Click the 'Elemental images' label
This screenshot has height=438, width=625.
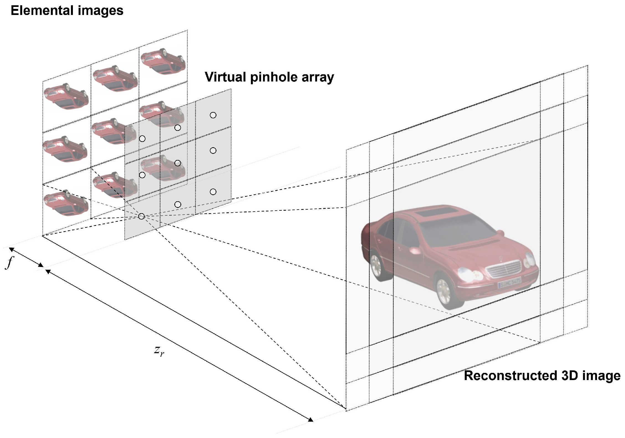tap(67, 11)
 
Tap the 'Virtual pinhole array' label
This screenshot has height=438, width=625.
tap(269, 77)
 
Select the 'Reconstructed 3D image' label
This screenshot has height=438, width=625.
tap(542, 376)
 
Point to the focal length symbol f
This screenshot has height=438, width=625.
tap(10, 262)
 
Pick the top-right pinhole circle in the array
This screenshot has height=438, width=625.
tap(213, 115)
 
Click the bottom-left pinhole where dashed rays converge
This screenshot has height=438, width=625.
tap(141, 216)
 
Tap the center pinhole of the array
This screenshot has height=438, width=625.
tap(178, 163)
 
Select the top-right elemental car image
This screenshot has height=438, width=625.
tap(163, 62)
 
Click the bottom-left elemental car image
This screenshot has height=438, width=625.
tap(66, 203)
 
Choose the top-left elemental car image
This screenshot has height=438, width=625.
tap(66, 96)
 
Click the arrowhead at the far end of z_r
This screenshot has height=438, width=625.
tap(311, 420)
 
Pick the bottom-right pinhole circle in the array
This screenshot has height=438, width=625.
tap(213, 192)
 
